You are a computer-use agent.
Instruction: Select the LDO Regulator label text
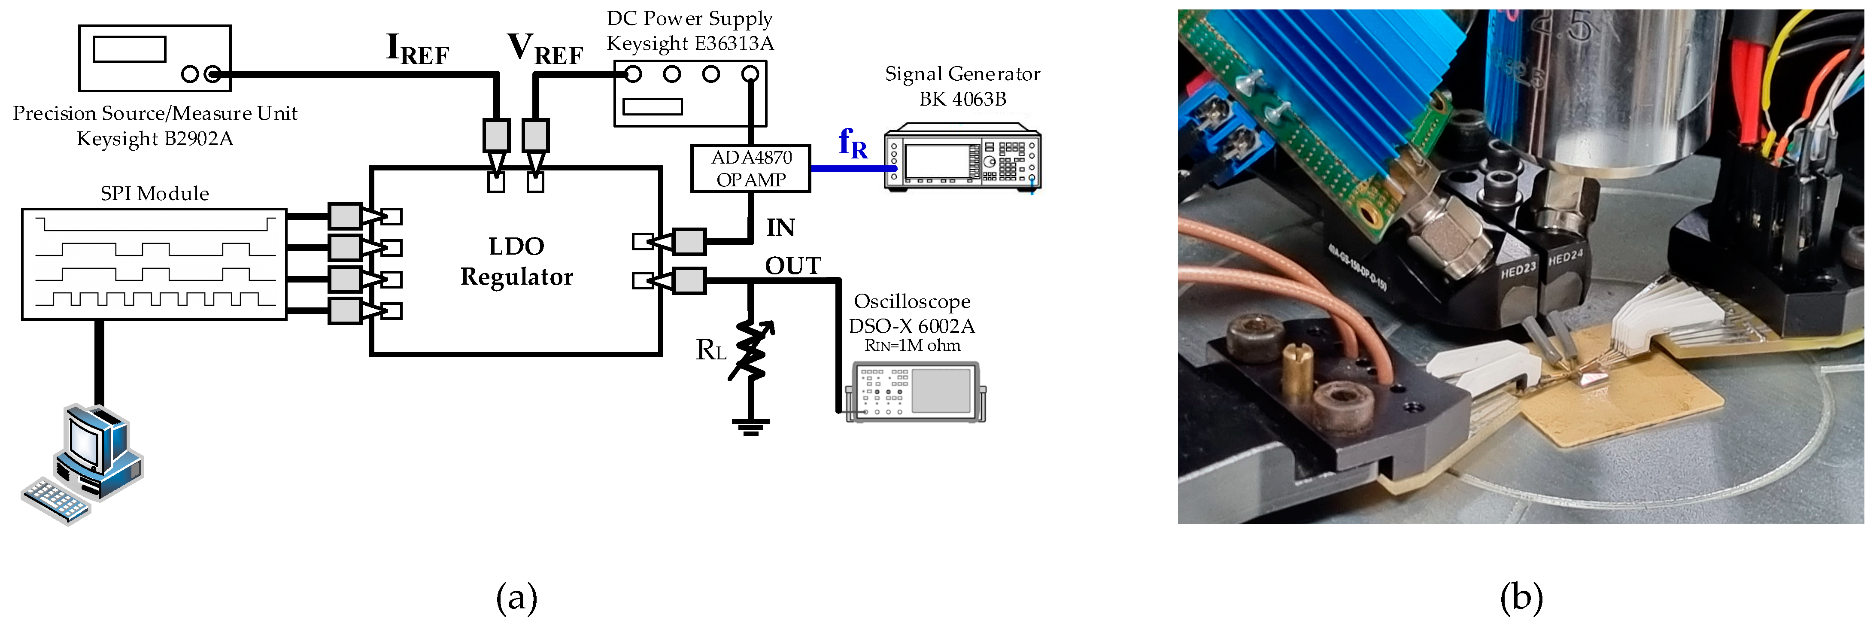pos(516,262)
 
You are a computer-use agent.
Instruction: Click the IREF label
pos(417,49)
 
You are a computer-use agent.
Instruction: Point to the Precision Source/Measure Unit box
pos(154,58)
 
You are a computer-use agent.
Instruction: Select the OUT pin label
pos(792,266)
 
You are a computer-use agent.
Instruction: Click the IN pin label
pos(780,228)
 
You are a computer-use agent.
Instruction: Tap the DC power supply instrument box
pos(690,93)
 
